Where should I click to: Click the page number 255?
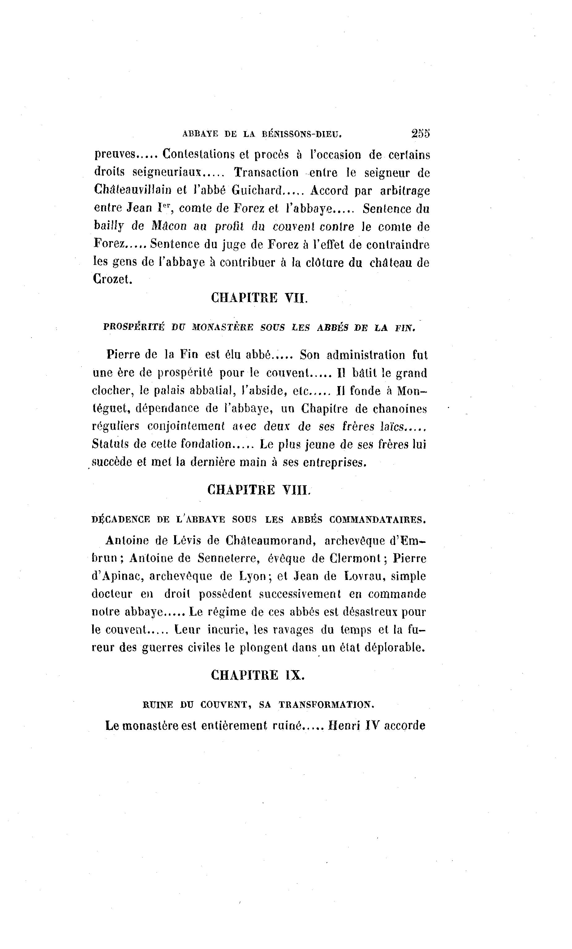point(420,133)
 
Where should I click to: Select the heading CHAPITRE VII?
point(260,298)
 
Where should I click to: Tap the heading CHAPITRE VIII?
point(259,490)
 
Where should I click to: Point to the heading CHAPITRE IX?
point(257,675)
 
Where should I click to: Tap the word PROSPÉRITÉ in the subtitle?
point(134,327)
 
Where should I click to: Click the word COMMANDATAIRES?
point(377,520)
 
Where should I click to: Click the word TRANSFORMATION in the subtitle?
point(326,704)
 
